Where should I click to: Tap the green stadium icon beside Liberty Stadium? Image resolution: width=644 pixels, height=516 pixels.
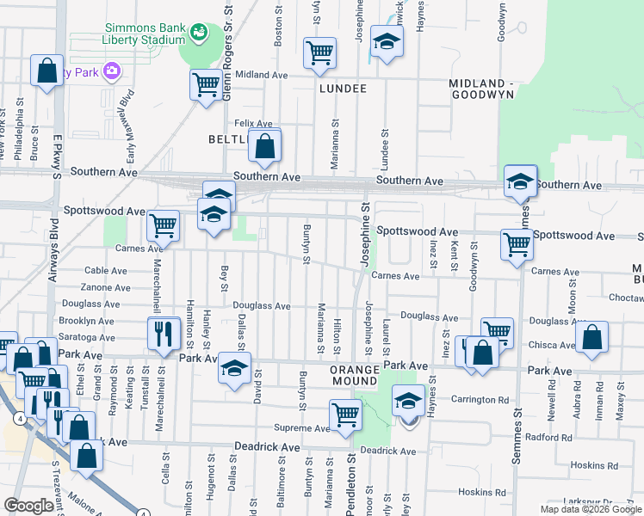[x=200, y=33]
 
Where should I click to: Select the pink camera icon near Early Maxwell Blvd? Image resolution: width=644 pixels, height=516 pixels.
[x=110, y=71]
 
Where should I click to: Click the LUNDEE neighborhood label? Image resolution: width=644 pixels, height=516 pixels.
[x=343, y=89]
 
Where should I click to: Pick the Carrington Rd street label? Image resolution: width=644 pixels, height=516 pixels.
[x=480, y=400]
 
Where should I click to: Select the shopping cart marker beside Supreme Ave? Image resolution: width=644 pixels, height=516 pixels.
[x=345, y=414]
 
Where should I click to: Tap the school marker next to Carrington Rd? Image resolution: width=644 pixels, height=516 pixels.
[x=408, y=401]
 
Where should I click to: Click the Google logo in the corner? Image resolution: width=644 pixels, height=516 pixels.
[x=28, y=506]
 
